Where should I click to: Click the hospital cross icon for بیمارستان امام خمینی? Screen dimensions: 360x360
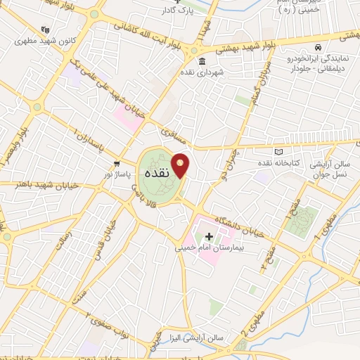(x=209, y=236)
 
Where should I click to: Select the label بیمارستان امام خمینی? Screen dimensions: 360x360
(x=210, y=248)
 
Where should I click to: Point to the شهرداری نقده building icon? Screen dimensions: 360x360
(x=201, y=60)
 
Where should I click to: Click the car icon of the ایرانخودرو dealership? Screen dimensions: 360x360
(x=319, y=47)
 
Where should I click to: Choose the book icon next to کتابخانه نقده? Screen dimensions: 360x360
(x=278, y=152)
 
